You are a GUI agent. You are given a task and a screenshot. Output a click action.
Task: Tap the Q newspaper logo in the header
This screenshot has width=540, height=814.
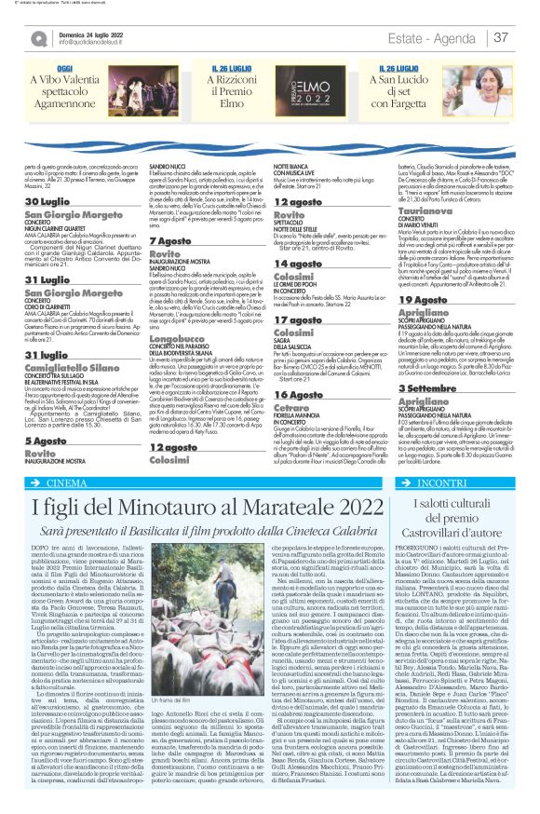[39, 38]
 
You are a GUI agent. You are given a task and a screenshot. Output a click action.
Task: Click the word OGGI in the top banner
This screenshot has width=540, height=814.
[65, 70]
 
